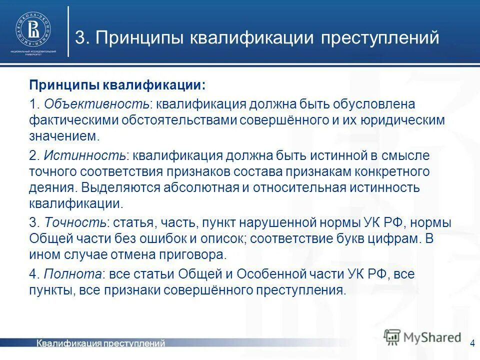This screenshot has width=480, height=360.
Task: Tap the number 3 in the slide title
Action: pyautogui.click(x=79, y=38)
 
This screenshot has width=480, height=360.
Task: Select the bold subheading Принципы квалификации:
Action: pyautogui.click(x=116, y=84)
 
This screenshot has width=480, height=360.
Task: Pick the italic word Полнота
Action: pyautogui.click(x=73, y=273)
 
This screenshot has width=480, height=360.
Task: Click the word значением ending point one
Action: pyautogui.click(x=63, y=136)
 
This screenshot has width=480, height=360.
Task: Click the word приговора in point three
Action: pyautogui.click(x=195, y=254)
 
